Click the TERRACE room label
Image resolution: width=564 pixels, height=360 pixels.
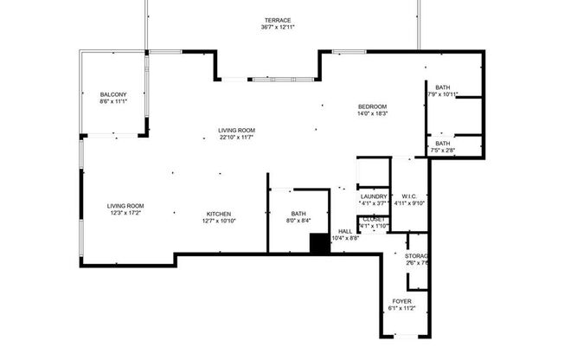pyautogui.click(x=278, y=20)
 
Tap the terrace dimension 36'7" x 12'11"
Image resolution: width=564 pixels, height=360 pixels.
pyautogui.click(x=278, y=28)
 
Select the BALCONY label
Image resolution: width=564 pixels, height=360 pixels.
pyautogui.click(x=113, y=94)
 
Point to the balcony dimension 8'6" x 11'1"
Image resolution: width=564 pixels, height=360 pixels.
pyautogui.click(x=113, y=102)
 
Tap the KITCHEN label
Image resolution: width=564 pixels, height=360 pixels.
pyautogui.click(x=218, y=214)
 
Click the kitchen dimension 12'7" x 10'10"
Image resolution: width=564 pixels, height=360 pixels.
pyautogui.click(x=218, y=222)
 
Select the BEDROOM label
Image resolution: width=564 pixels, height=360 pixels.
pyautogui.click(x=373, y=106)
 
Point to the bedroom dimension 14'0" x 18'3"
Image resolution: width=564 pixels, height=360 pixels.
pyautogui.click(x=373, y=113)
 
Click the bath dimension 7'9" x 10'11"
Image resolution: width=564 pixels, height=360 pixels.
pyautogui.click(x=443, y=94)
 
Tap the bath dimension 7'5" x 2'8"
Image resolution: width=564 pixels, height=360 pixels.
pyautogui.click(x=443, y=151)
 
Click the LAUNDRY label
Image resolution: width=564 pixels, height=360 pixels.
pyautogui.click(x=373, y=196)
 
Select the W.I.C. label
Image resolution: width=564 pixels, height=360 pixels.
pyautogui.click(x=409, y=196)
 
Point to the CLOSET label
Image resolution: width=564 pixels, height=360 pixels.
pyautogui.click(x=374, y=219)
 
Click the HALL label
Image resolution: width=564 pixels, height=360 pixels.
pyautogui.click(x=345, y=231)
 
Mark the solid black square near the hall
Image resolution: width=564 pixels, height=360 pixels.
pyautogui.click(x=319, y=245)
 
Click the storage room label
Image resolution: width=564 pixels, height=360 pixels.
pyautogui.click(x=417, y=256)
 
